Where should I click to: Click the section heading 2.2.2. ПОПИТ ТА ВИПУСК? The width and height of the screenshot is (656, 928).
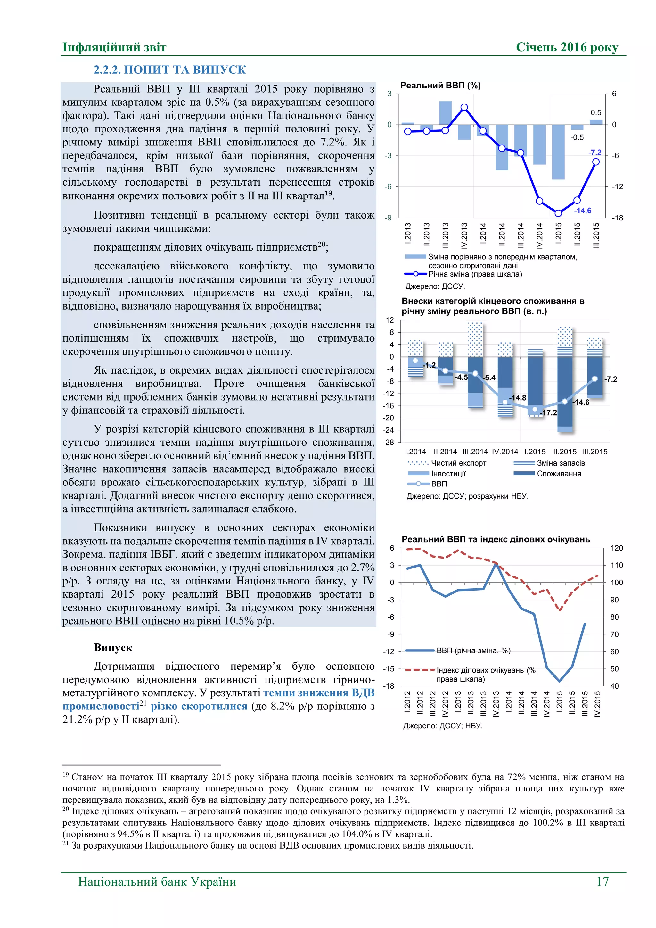tap(170, 70)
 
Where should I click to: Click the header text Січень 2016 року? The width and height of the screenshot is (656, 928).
tap(567, 47)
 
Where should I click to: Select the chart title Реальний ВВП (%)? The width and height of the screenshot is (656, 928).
tap(440, 85)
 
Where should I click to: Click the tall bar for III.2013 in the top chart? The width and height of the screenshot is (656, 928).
tap(445, 113)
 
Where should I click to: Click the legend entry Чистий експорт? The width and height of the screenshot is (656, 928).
tap(458, 463)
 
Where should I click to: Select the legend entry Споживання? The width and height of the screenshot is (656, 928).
tap(559, 473)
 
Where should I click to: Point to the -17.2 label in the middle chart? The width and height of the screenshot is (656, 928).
tap(549, 413)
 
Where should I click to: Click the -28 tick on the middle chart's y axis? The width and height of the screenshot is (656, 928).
tap(388, 442)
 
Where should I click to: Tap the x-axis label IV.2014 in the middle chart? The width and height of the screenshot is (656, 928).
tap(504, 452)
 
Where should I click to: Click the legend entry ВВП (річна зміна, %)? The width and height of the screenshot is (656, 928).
tap(473, 650)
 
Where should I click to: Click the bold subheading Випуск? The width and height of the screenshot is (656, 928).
tap(113, 648)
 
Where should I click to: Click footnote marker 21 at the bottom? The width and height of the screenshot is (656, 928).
tap(65, 843)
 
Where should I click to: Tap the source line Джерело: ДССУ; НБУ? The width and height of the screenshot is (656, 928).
tap(443, 725)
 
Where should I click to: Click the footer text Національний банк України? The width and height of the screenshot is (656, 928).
tap(157, 882)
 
